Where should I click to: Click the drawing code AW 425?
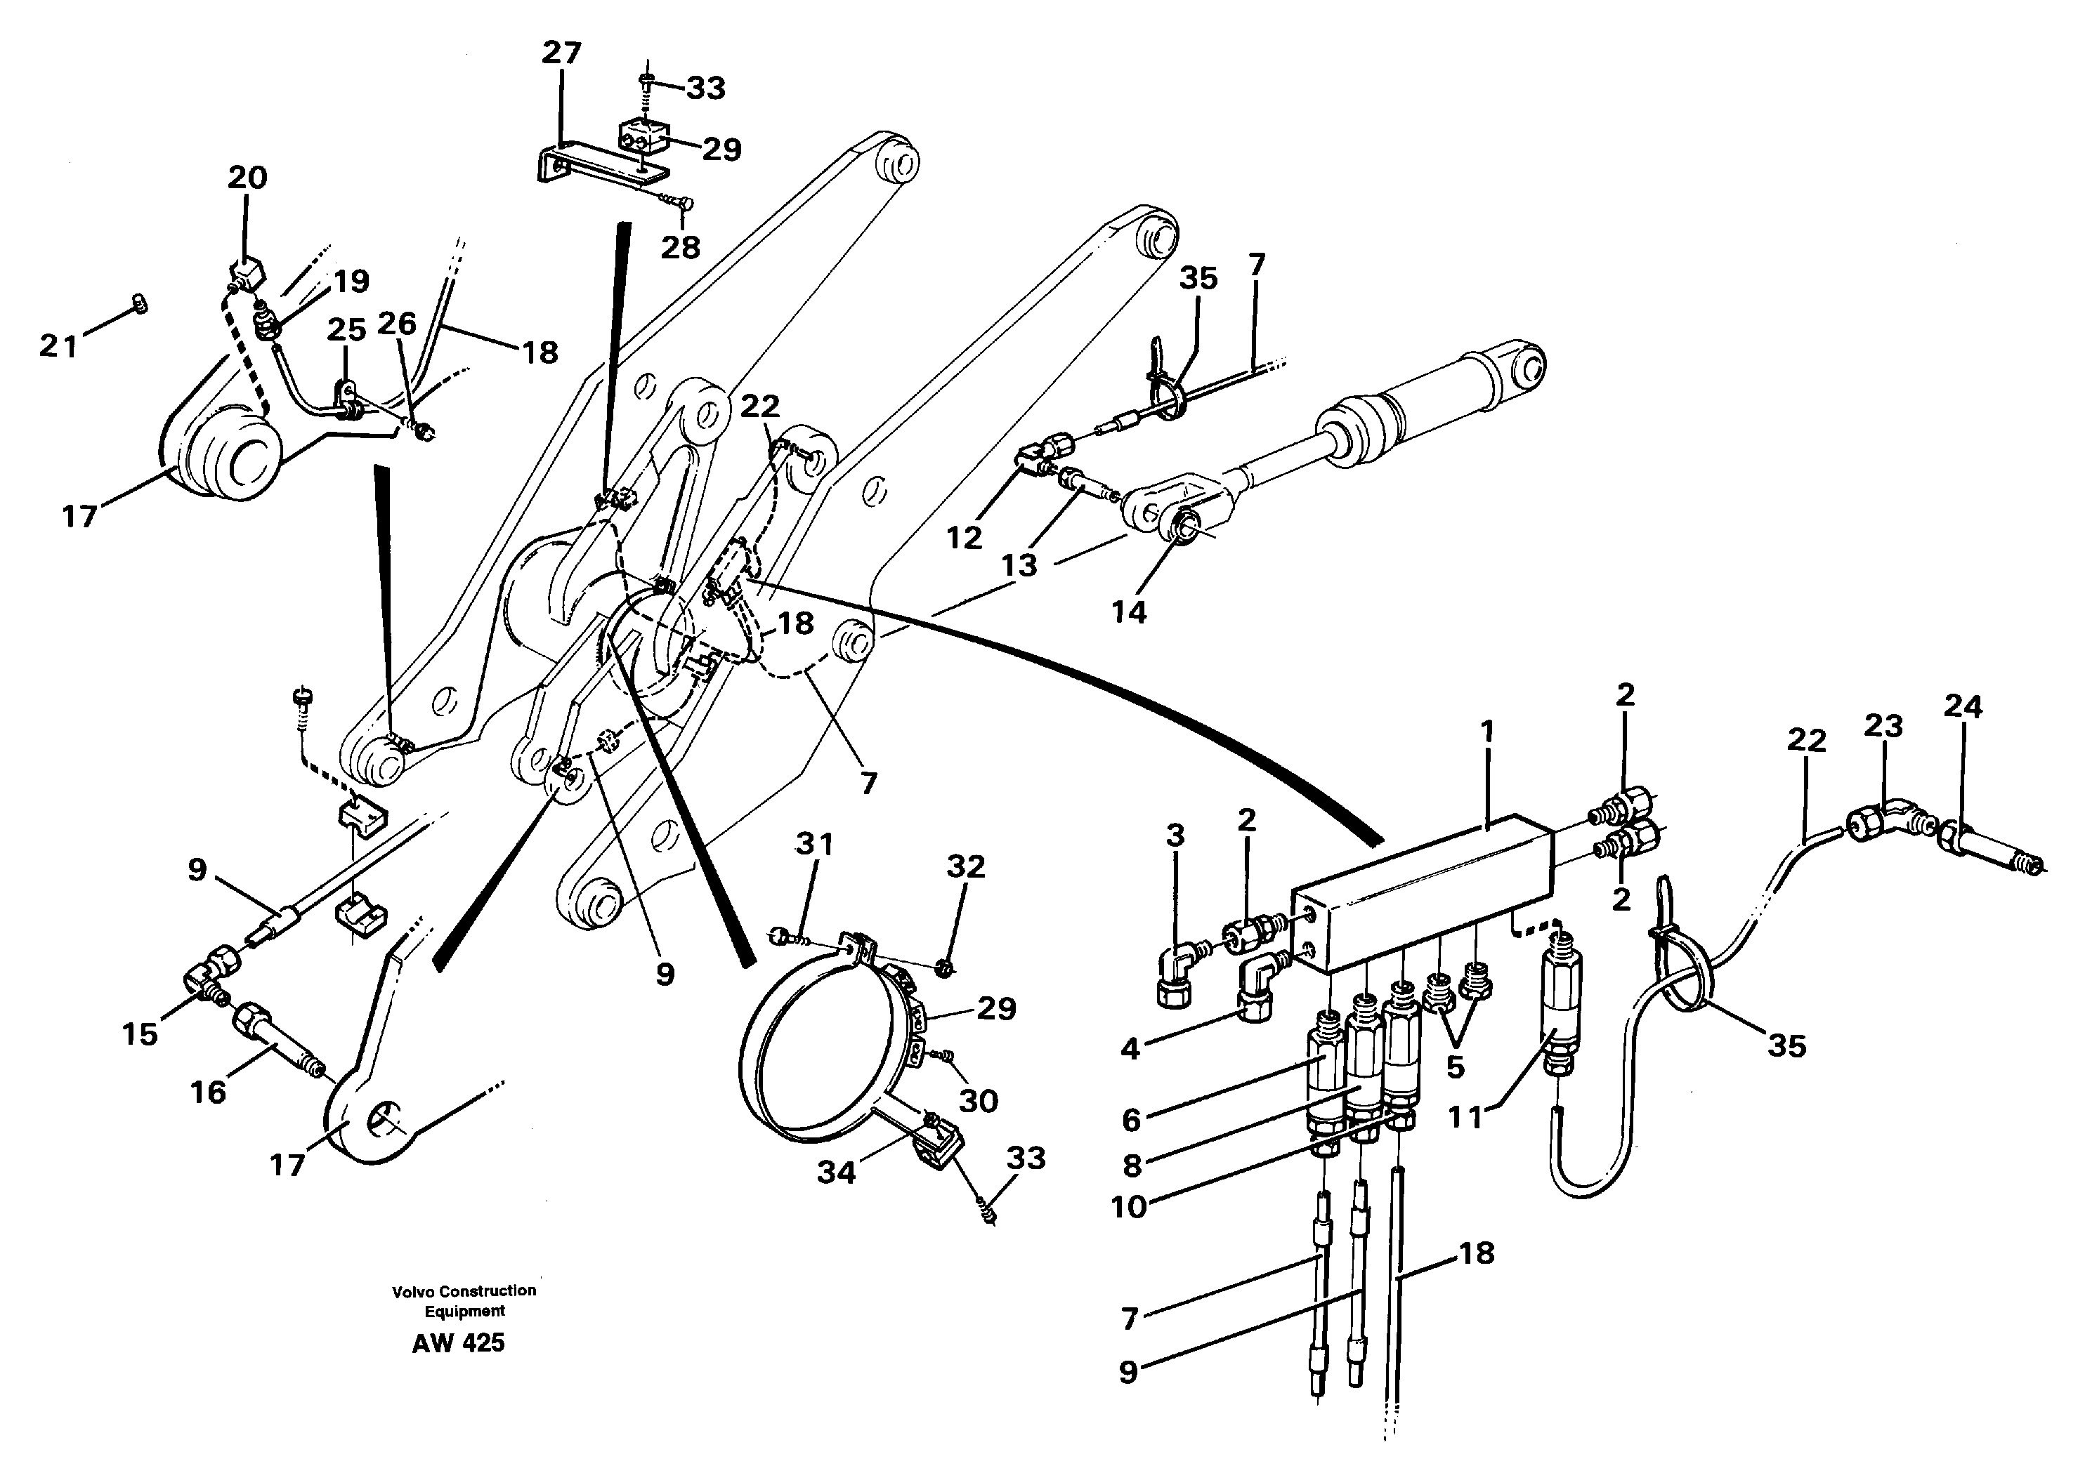(458, 1342)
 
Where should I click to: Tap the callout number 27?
(561, 53)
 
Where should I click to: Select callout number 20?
(247, 177)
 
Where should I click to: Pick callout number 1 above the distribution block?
(1486, 731)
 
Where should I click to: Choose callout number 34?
(835, 1172)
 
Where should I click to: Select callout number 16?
(208, 1091)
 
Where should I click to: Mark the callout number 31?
(813, 843)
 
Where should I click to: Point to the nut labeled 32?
(944, 969)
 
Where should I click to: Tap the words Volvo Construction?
(463, 1290)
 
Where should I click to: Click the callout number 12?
(964, 537)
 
